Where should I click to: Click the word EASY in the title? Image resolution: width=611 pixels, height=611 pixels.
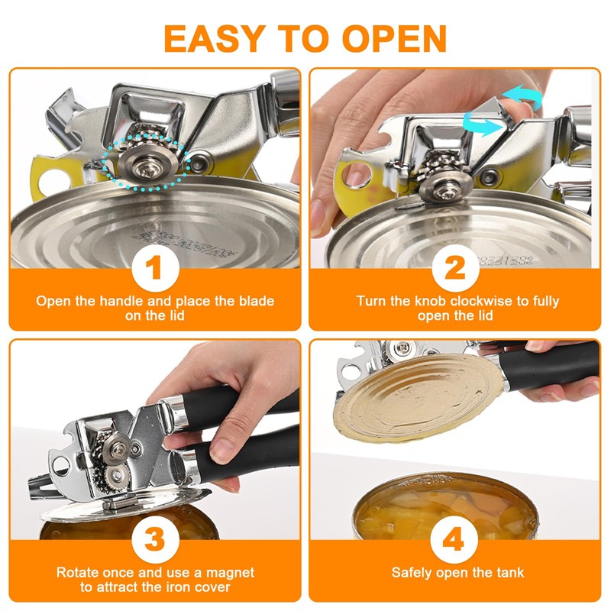point(215,38)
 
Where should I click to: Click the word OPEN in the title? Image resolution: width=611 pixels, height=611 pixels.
point(394,38)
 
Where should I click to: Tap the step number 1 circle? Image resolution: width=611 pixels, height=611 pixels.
point(156,268)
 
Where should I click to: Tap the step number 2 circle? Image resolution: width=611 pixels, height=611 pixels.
point(455,268)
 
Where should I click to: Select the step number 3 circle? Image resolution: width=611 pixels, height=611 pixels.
point(156,540)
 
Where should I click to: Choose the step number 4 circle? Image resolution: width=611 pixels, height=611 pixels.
point(454,540)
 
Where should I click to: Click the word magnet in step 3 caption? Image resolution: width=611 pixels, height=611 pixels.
point(230,572)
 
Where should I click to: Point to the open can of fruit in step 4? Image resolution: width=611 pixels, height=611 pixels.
point(445,506)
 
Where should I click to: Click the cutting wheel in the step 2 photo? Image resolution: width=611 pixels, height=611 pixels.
point(446,189)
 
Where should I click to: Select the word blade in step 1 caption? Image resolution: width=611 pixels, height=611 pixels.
point(257,301)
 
